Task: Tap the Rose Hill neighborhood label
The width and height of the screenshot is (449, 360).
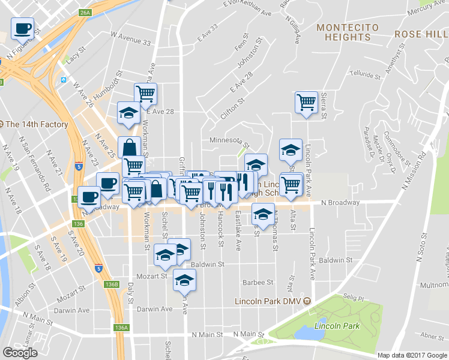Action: coord(421,34)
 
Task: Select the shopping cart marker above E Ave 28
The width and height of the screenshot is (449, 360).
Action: coord(146,94)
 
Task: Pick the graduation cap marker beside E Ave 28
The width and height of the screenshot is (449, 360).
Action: coord(128,114)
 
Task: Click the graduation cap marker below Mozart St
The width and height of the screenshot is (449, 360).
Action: coord(184,280)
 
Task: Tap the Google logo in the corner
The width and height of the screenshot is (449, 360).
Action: coord(20,353)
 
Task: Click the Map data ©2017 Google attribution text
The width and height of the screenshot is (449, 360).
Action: coord(412,355)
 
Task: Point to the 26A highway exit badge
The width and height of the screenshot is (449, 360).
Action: coord(84,12)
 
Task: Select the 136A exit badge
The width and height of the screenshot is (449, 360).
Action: coord(121,328)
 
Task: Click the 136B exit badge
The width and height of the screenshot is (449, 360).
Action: coord(110,284)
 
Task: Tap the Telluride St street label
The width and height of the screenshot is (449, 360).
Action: coord(366,77)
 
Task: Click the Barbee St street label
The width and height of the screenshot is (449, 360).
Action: coord(258,281)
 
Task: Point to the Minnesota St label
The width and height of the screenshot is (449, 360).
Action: coord(226,140)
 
